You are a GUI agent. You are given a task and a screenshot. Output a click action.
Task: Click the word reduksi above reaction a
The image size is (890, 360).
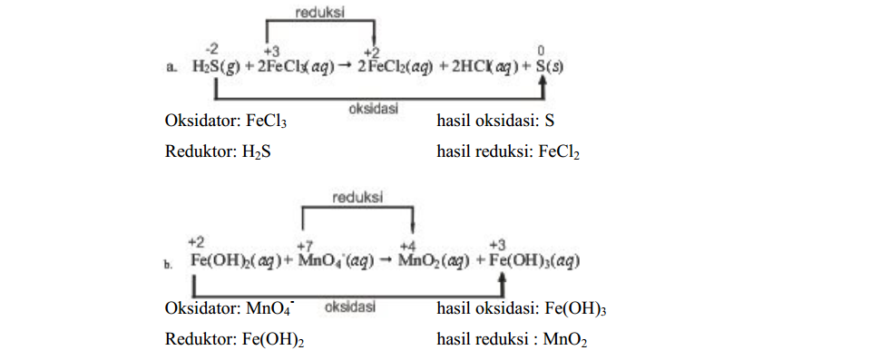pos(319,13)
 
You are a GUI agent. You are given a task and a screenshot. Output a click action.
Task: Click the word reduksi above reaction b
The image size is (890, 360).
pos(357,198)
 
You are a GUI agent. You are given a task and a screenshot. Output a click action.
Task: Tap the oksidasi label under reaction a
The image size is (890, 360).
pos(373,108)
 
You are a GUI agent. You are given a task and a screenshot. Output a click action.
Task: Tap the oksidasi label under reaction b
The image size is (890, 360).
pos(350,306)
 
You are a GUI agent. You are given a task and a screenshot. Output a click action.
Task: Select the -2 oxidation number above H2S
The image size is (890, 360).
pos(211,51)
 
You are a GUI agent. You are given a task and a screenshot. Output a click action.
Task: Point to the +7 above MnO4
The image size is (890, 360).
pos(306,246)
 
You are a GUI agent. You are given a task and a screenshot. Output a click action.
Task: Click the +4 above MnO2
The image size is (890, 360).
pos(407,246)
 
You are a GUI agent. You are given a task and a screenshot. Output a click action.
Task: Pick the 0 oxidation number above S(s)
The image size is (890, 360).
pos(542,51)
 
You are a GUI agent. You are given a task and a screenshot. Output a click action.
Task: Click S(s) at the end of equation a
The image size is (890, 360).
pos(550,67)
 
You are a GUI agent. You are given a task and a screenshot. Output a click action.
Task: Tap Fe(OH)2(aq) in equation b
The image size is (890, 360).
pos(236,261)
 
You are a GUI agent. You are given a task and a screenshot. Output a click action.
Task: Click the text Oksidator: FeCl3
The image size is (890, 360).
pos(226,121)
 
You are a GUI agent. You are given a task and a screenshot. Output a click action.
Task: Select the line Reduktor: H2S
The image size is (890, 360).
pos(218,151)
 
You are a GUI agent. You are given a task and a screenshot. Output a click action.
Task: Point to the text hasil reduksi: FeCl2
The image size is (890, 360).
pos(509,151)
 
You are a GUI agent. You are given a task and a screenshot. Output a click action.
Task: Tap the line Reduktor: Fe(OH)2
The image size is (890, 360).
pos(234,339)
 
